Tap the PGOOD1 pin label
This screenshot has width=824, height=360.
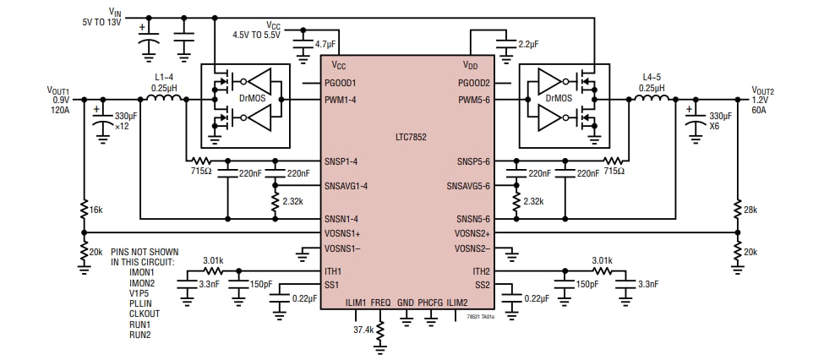point(341,83)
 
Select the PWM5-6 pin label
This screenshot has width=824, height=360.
point(473,99)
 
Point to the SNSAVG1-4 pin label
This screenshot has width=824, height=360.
point(347,185)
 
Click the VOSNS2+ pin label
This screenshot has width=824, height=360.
point(472,232)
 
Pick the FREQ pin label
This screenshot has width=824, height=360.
point(380,302)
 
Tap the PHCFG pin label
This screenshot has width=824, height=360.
point(431,302)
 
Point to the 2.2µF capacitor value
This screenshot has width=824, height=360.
point(530,43)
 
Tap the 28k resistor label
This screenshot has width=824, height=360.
point(750,209)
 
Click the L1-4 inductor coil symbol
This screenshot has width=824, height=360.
point(164,99)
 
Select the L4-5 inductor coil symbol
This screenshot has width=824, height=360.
point(651,99)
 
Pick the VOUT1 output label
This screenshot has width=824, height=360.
point(58,90)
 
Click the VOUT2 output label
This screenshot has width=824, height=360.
point(763,90)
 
